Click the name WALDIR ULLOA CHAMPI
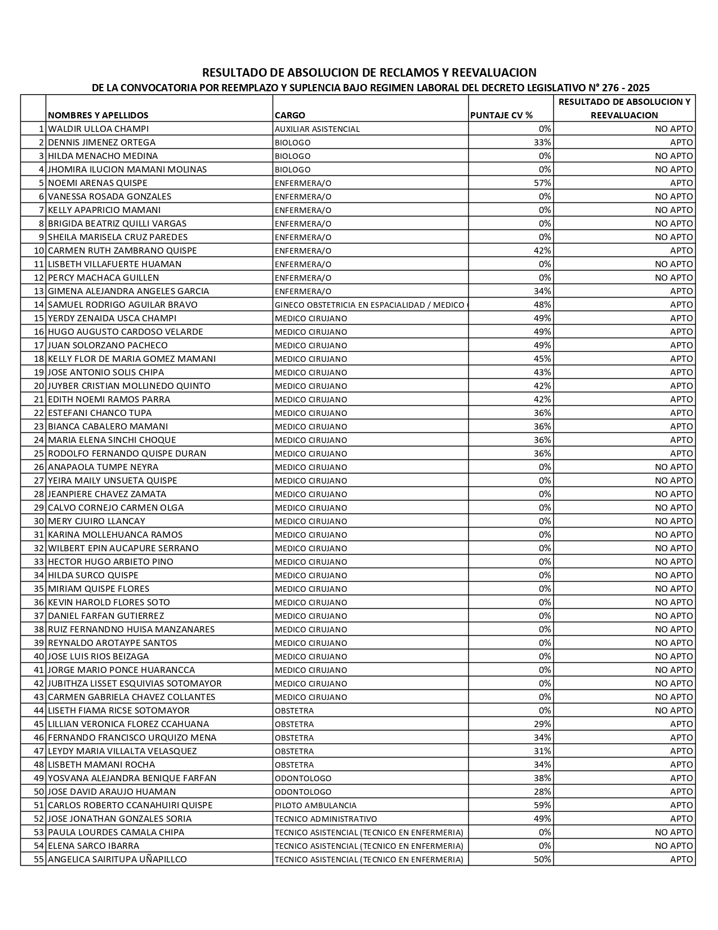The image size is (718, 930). click(99, 129)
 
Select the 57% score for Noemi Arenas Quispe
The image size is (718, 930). click(543, 183)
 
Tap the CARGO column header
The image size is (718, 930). click(290, 116)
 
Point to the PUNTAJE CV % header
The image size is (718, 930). click(501, 116)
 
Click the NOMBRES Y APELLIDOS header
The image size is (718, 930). click(99, 116)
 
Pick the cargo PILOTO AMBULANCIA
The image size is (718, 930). click(315, 805)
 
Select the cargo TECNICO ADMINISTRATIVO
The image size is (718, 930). click(325, 819)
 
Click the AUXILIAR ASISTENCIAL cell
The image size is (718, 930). click(317, 129)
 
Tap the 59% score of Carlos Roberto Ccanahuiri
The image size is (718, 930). click(543, 805)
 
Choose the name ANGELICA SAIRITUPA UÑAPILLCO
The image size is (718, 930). click(117, 860)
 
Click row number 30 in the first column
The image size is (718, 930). click(39, 521)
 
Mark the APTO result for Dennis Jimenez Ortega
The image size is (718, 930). click(681, 143)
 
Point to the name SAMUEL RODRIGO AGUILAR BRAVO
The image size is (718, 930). click(123, 305)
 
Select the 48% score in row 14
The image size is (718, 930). click(543, 305)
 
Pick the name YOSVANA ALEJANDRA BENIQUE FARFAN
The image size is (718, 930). click(132, 778)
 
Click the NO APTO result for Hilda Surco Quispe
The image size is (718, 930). click(674, 575)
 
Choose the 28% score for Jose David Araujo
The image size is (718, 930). click(543, 792)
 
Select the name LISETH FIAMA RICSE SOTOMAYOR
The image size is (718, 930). click(119, 711)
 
